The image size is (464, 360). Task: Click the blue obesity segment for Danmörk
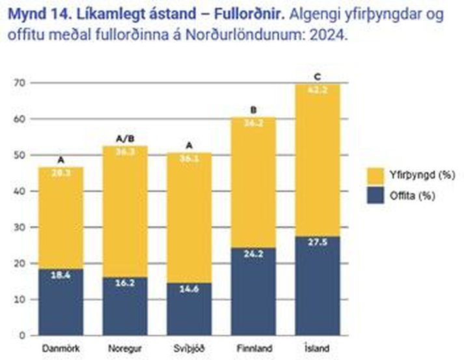tap(61, 302)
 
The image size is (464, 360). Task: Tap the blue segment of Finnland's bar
tap(253, 291)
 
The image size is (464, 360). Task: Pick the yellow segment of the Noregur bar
tap(126, 212)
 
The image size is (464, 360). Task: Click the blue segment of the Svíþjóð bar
tap(189, 309)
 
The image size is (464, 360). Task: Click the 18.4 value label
tap(61, 276)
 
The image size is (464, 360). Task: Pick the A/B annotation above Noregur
tap(126, 139)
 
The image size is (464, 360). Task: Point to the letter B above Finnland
tap(253, 111)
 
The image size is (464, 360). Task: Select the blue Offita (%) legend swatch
tap(376, 195)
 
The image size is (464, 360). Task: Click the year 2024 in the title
tap(333, 35)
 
